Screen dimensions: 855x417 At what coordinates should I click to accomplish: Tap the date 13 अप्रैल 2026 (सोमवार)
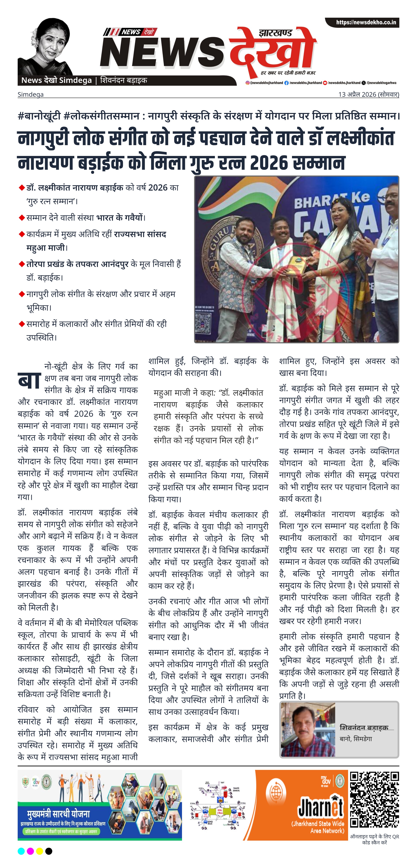pyautogui.click(x=368, y=94)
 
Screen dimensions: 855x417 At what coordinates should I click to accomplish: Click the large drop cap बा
pyautogui.click(x=29, y=380)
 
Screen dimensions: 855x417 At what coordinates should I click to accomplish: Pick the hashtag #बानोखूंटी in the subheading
pyautogui.click(x=39, y=116)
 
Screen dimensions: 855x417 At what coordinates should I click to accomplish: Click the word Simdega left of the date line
pyautogui.click(x=31, y=95)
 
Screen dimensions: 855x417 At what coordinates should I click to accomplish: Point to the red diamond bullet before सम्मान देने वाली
pyautogui.click(x=22, y=218)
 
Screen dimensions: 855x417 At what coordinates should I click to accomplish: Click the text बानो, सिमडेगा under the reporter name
pyautogui.click(x=356, y=739)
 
